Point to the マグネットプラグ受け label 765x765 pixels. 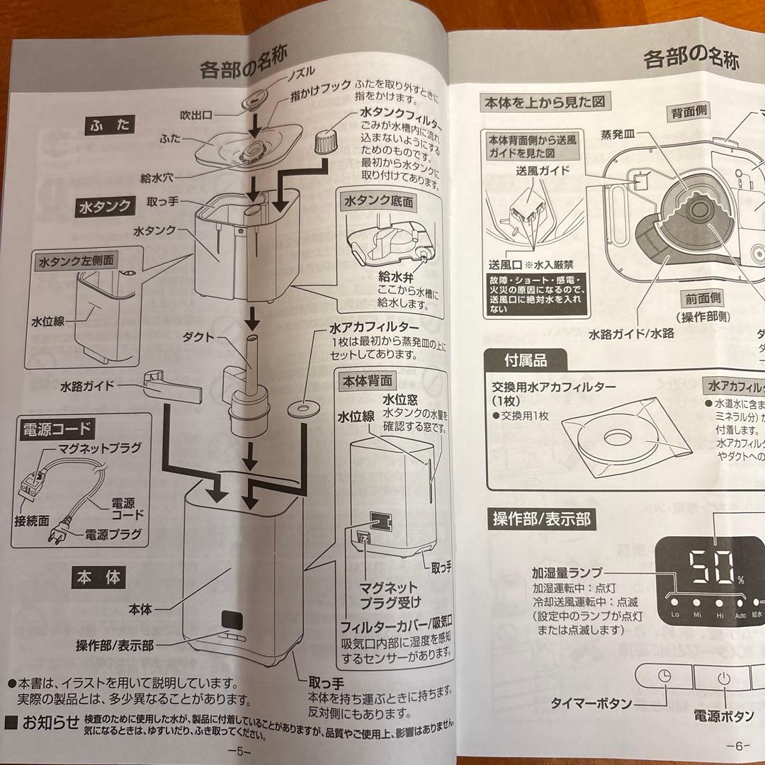pyautogui.click(x=390, y=594)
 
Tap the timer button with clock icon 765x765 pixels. pyautogui.click(x=664, y=675)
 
